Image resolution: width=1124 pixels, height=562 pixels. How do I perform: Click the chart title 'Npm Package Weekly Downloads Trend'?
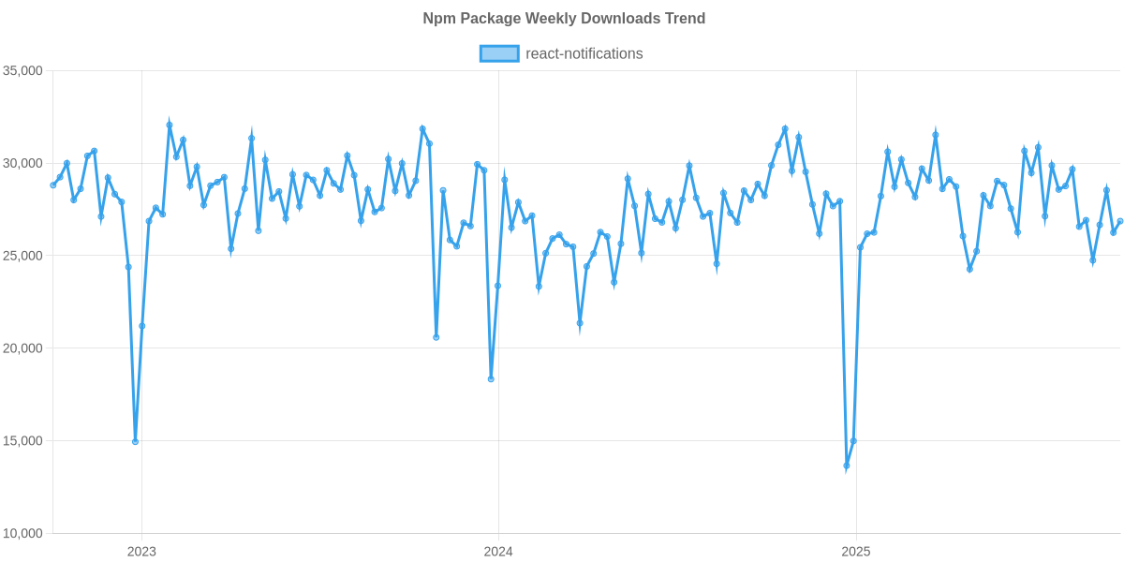563,19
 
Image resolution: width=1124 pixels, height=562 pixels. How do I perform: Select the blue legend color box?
498,53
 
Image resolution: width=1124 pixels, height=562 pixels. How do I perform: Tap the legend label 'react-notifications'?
584,53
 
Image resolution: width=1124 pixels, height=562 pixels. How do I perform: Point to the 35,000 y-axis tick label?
23,71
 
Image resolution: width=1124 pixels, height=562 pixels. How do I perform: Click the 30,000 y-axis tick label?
23,164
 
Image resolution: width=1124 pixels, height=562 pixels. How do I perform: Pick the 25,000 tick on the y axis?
23,256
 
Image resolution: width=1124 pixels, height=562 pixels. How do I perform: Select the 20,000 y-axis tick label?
23,348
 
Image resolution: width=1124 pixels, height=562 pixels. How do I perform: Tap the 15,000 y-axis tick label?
23,441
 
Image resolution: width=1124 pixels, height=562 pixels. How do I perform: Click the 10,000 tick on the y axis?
23,534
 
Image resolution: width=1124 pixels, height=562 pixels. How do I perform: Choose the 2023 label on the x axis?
141,552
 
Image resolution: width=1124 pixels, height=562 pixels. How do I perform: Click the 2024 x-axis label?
498,552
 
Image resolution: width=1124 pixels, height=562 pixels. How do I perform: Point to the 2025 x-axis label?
855,552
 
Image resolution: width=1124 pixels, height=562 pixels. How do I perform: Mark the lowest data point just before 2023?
135,442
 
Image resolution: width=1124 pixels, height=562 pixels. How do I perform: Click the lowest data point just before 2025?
847,466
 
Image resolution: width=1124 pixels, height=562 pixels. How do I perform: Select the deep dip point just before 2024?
491,379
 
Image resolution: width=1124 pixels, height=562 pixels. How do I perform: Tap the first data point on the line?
52,185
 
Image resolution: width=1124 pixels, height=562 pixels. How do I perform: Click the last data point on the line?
1120,221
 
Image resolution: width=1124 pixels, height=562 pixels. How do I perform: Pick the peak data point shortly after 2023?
170,125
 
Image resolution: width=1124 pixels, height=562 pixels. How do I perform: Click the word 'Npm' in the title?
436,19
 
